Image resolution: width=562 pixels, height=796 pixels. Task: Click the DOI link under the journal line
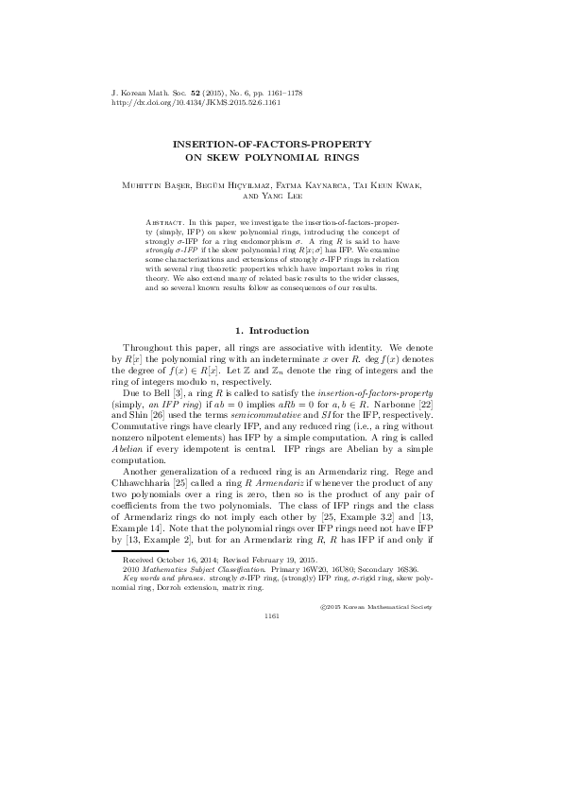[x=181, y=104]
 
